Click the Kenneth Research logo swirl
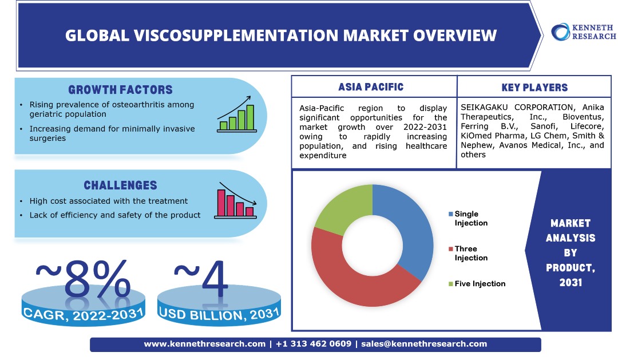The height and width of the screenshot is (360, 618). [x=560, y=32]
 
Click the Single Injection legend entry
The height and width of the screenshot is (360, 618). [x=468, y=219]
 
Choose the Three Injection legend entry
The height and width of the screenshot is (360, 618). [x=468, y=253]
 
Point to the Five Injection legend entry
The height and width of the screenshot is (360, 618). [x=477, y=283]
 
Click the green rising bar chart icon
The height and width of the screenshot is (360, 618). [x=236, y=114]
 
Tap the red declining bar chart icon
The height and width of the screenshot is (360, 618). [x=235, y=200]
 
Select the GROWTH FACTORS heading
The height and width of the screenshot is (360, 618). [x=121, y=90]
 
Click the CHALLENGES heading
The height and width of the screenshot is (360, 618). [x=121, y=185]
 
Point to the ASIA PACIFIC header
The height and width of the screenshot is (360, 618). [x=371, y=87]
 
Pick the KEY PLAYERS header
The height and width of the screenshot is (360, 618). [x=534, y=88]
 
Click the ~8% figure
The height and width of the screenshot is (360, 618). [x=83, y=279]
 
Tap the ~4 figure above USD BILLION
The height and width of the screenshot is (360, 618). [x=201, y=279]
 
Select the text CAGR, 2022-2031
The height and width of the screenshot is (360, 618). [x=83, y=315]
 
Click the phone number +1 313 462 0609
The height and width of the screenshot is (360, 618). [x=314, y=344]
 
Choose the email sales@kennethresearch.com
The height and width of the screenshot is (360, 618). [x=424, y=344]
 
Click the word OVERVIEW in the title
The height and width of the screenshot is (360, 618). [x=455, y=35]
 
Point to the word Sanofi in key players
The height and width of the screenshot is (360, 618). [x=544, y=126]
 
